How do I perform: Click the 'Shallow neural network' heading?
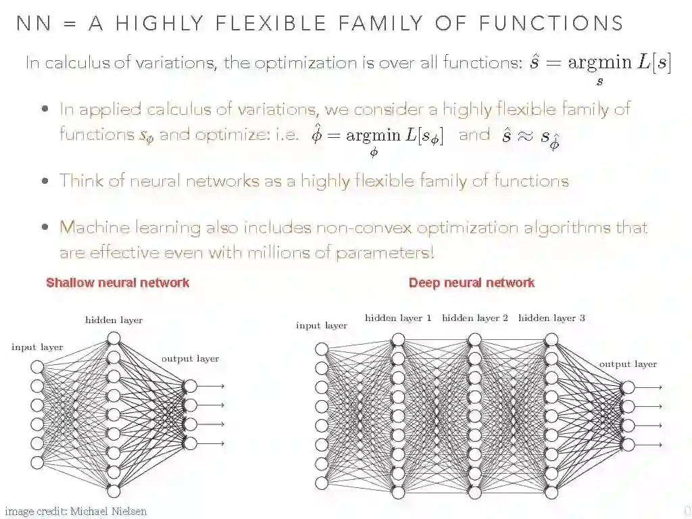(x=118, y=282)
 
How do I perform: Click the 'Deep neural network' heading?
(x=472, y=282)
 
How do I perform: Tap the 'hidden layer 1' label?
(x=398, y=318)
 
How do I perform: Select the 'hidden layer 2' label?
(x=475, y=318)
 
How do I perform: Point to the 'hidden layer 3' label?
(x=551, y=318)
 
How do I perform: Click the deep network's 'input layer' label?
(x=322, y=326)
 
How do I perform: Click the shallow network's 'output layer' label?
(x=190, y=359)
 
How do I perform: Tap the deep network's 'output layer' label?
(x=628, y=364)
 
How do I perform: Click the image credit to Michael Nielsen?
(x=76, y=511)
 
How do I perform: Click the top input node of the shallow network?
(x=37, y=367)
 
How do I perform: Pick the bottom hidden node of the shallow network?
(x=114, y=491)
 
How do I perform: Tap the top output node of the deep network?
(x=628, y=387)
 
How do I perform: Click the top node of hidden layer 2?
(x=475, y=339)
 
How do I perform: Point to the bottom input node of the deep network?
(x=322, y=483)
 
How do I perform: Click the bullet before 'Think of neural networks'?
(x=45, y=181)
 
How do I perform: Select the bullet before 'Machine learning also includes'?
(x=45, y=228)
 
